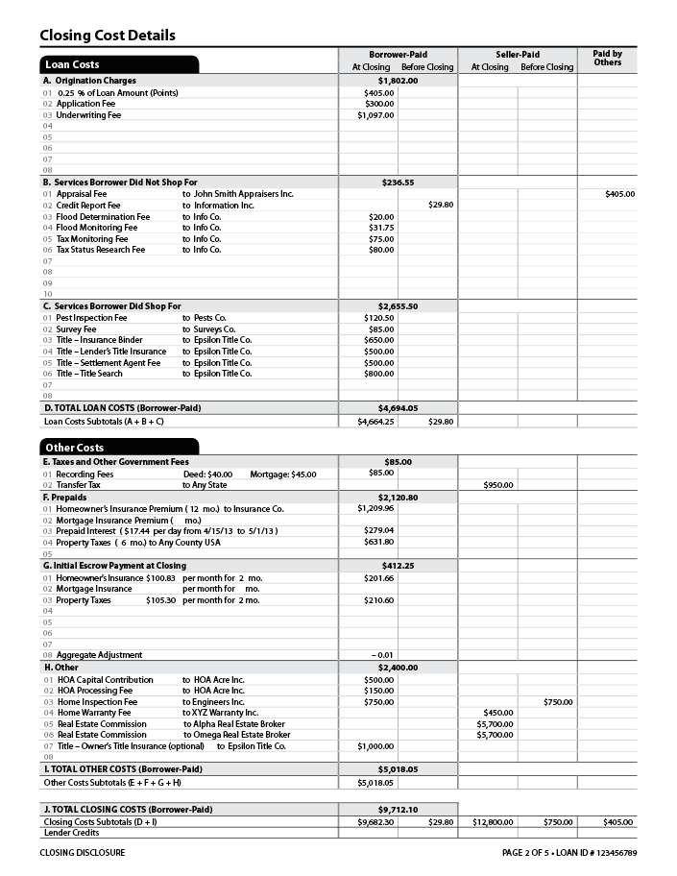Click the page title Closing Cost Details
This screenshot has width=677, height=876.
click(x=108, y=36)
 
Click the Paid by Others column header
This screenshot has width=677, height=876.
click(x=607, y=59)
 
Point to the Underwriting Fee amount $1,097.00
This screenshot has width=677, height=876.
click(x=375, y=115)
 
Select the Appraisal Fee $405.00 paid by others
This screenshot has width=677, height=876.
click(x=619, y=194)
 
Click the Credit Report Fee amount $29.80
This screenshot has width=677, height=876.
click(x=440, y=205)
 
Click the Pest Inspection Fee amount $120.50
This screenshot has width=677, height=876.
click(x=379, y=318)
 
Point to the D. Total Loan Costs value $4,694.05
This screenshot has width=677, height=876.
click(x=398, y=408)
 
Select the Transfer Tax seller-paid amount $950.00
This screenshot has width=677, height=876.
click(x=498, y=485)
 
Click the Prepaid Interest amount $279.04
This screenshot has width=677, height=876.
click(x=379, y=530)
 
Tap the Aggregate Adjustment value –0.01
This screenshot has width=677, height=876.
click(x=383, y=655)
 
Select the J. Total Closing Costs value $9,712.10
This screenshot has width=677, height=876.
click(x=398, y=810)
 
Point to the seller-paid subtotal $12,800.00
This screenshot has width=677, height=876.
click(x=494, y=822)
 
